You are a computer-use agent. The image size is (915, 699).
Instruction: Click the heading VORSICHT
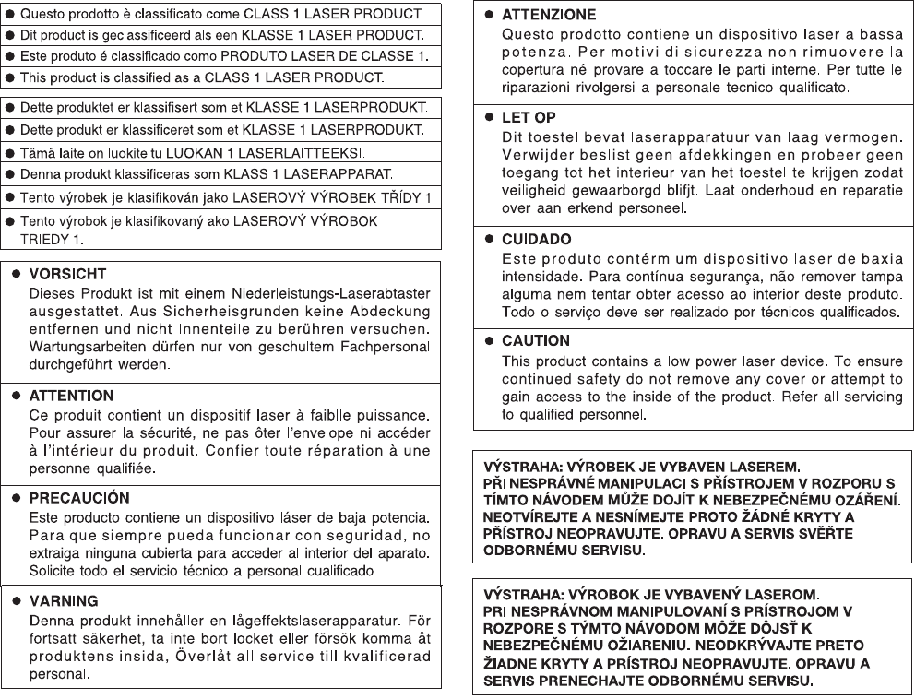(69, 275)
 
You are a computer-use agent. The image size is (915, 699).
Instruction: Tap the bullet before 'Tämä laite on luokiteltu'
(9, 152)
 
